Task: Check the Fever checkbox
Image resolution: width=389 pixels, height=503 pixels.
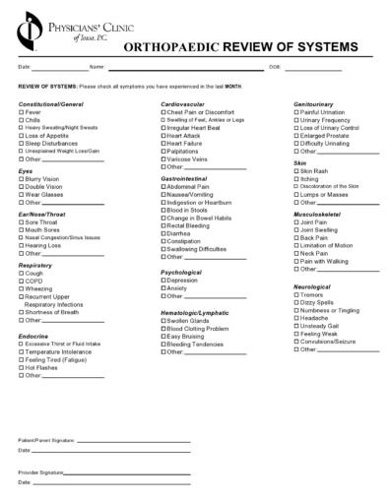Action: [22, 112]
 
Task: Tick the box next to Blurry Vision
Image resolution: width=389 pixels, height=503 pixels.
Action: [22, 180]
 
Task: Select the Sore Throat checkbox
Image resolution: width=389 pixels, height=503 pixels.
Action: [22, 222]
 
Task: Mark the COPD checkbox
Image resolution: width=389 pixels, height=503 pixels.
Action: [22, 281]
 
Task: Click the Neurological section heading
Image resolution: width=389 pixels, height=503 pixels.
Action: [316, 286]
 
